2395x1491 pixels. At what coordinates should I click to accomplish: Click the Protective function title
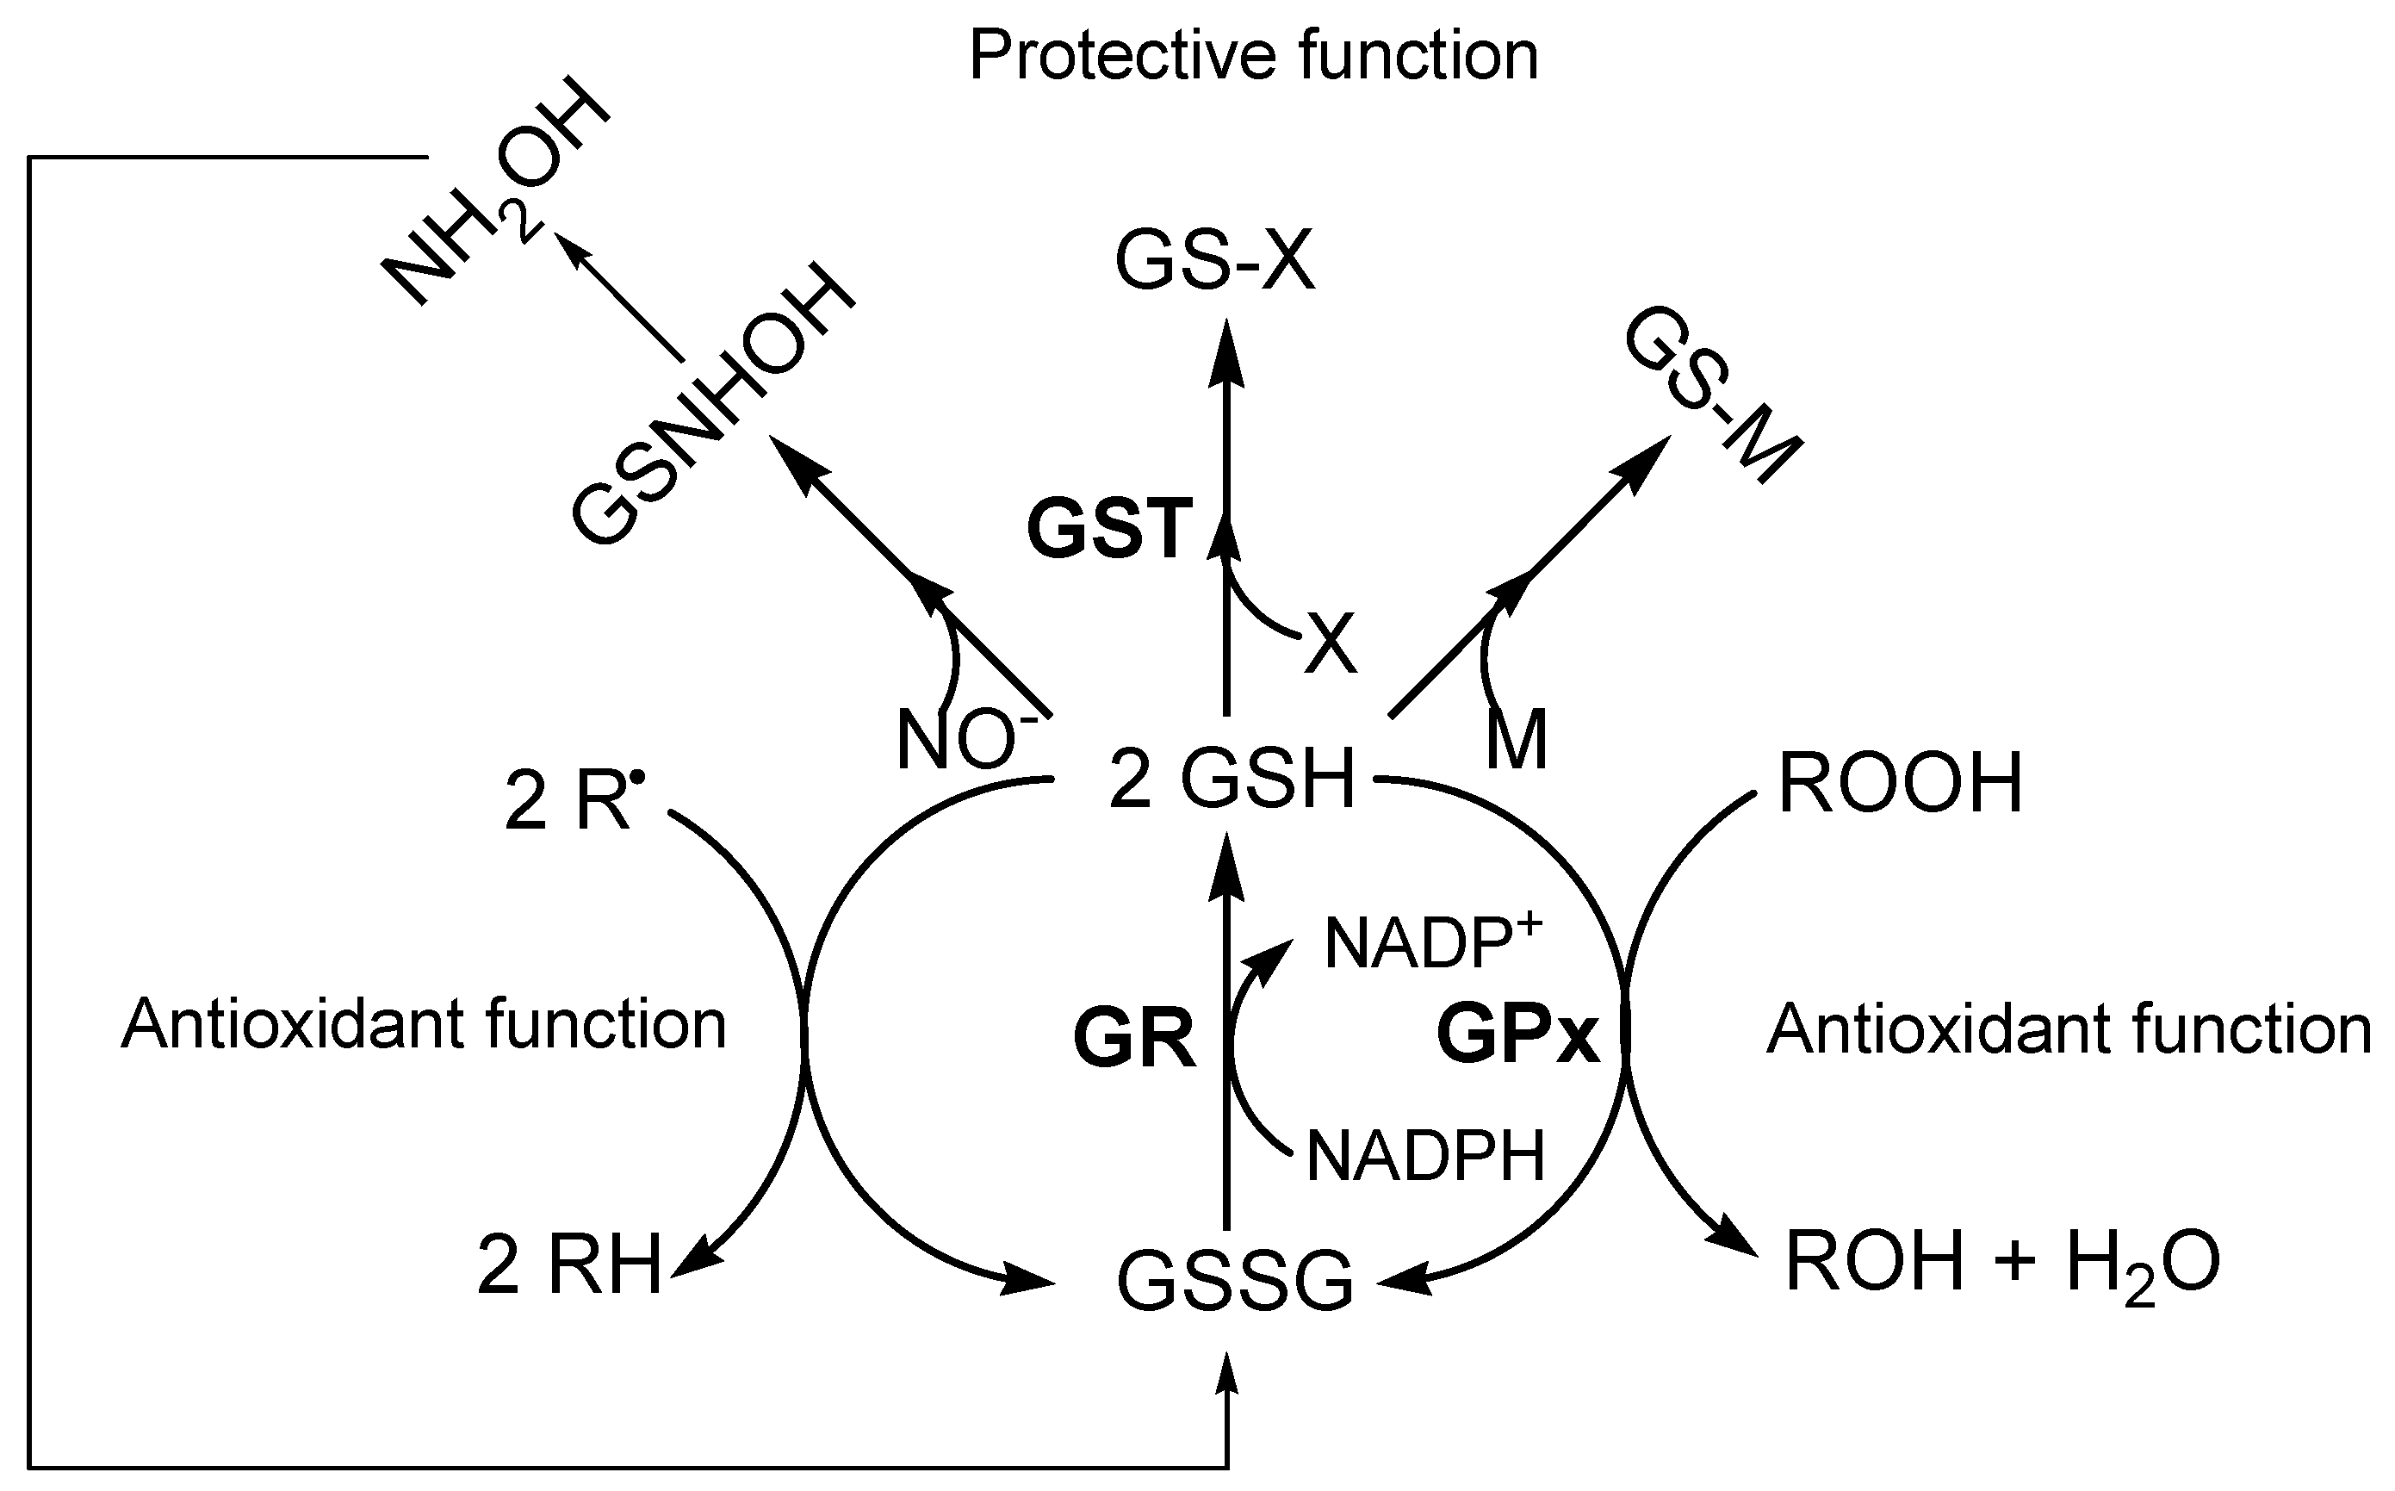[1252, 55]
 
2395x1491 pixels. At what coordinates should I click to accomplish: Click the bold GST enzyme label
[1110, 530]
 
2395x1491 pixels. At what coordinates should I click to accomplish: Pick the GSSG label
[1234, 1281]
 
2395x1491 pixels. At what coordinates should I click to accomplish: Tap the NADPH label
[1424, 1156]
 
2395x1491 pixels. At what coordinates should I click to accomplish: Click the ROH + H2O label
[2001, 1265]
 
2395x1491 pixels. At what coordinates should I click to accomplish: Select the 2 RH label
[569, 1267]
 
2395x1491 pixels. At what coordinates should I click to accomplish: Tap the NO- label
[966, 741]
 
